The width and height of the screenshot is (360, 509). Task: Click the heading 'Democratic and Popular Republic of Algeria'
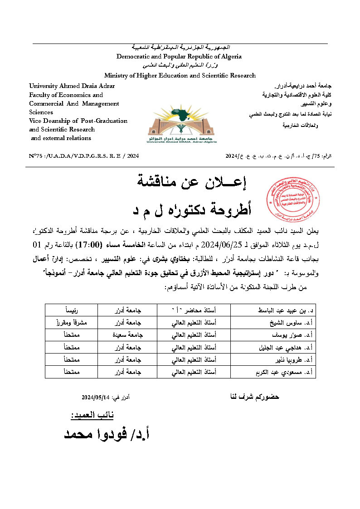click(179, 57)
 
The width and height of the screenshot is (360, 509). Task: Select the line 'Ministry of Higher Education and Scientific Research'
click(180, 75)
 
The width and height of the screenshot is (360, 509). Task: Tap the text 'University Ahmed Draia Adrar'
click(72, 86)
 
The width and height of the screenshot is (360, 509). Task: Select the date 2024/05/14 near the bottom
click(96, 398)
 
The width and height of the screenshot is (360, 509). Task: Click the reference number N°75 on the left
click(84, 156)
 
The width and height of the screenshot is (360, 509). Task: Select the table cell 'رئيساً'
click(73, 310)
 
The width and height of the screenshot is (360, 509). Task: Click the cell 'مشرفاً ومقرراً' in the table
click(73, 323)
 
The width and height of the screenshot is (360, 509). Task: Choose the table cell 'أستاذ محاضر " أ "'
click(193, 310)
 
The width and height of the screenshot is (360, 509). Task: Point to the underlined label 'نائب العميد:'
click(92, 415)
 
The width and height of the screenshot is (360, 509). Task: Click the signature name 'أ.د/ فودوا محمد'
click(107, 434)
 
